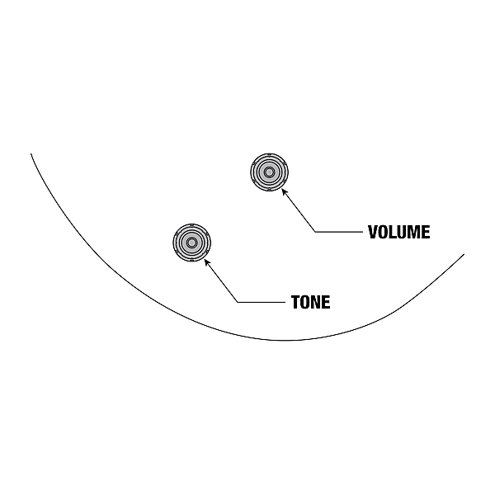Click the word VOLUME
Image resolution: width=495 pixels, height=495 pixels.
pos(399,232)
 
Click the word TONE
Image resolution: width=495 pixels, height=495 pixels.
pos(311,302)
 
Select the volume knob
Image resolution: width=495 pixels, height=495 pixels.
pos(269,172)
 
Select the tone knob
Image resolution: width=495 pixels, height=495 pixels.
pos(191,243)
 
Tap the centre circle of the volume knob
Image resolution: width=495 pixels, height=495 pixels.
pos(269,172)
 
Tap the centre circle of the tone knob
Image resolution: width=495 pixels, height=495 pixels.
pos(191,243)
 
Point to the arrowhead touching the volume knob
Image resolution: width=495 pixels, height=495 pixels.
pos(284,191)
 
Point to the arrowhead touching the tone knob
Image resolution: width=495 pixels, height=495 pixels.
pos(207,262)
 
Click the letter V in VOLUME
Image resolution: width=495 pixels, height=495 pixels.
pos(373,232)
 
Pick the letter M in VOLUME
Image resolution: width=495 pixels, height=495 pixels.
pos(415,232)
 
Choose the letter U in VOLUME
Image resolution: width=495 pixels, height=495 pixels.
pos(403,232)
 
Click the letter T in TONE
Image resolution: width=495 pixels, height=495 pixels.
pos(295,302)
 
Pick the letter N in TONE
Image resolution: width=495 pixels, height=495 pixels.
pos(316,302)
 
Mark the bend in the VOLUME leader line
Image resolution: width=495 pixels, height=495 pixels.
pos(315,232)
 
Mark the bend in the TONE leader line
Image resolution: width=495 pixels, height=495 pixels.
pos(238,303)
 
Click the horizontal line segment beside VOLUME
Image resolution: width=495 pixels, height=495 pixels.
pos(339,232)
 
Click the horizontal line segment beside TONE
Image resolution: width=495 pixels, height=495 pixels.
pos(262,303)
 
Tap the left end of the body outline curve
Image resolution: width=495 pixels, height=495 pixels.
pos(31,153)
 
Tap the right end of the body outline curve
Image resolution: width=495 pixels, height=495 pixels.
pos(464,254)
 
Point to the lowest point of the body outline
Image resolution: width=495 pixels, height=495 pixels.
pos(284,340)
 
